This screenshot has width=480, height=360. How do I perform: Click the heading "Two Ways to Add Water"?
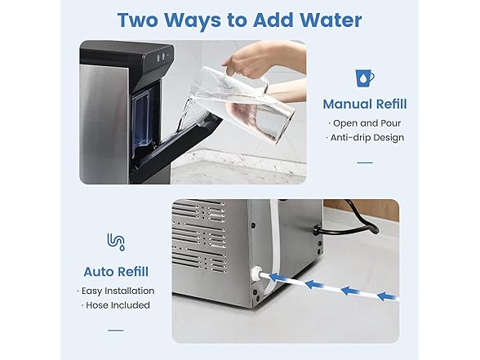[239, 20]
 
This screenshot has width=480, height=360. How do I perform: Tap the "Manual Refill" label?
[364, 104]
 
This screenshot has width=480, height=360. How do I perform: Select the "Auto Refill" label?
[116, 271]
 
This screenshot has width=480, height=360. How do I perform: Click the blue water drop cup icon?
[364, 77]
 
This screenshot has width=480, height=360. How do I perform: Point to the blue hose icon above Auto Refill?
[116, 242]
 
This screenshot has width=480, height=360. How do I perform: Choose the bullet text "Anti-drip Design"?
[366, 137]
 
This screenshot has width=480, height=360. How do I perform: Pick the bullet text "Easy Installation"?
[117, 291]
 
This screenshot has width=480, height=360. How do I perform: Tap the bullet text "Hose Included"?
[117, 305]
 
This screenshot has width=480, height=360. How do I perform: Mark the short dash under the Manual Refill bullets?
[364, 162]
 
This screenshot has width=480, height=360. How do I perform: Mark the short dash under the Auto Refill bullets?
[116, 331]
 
